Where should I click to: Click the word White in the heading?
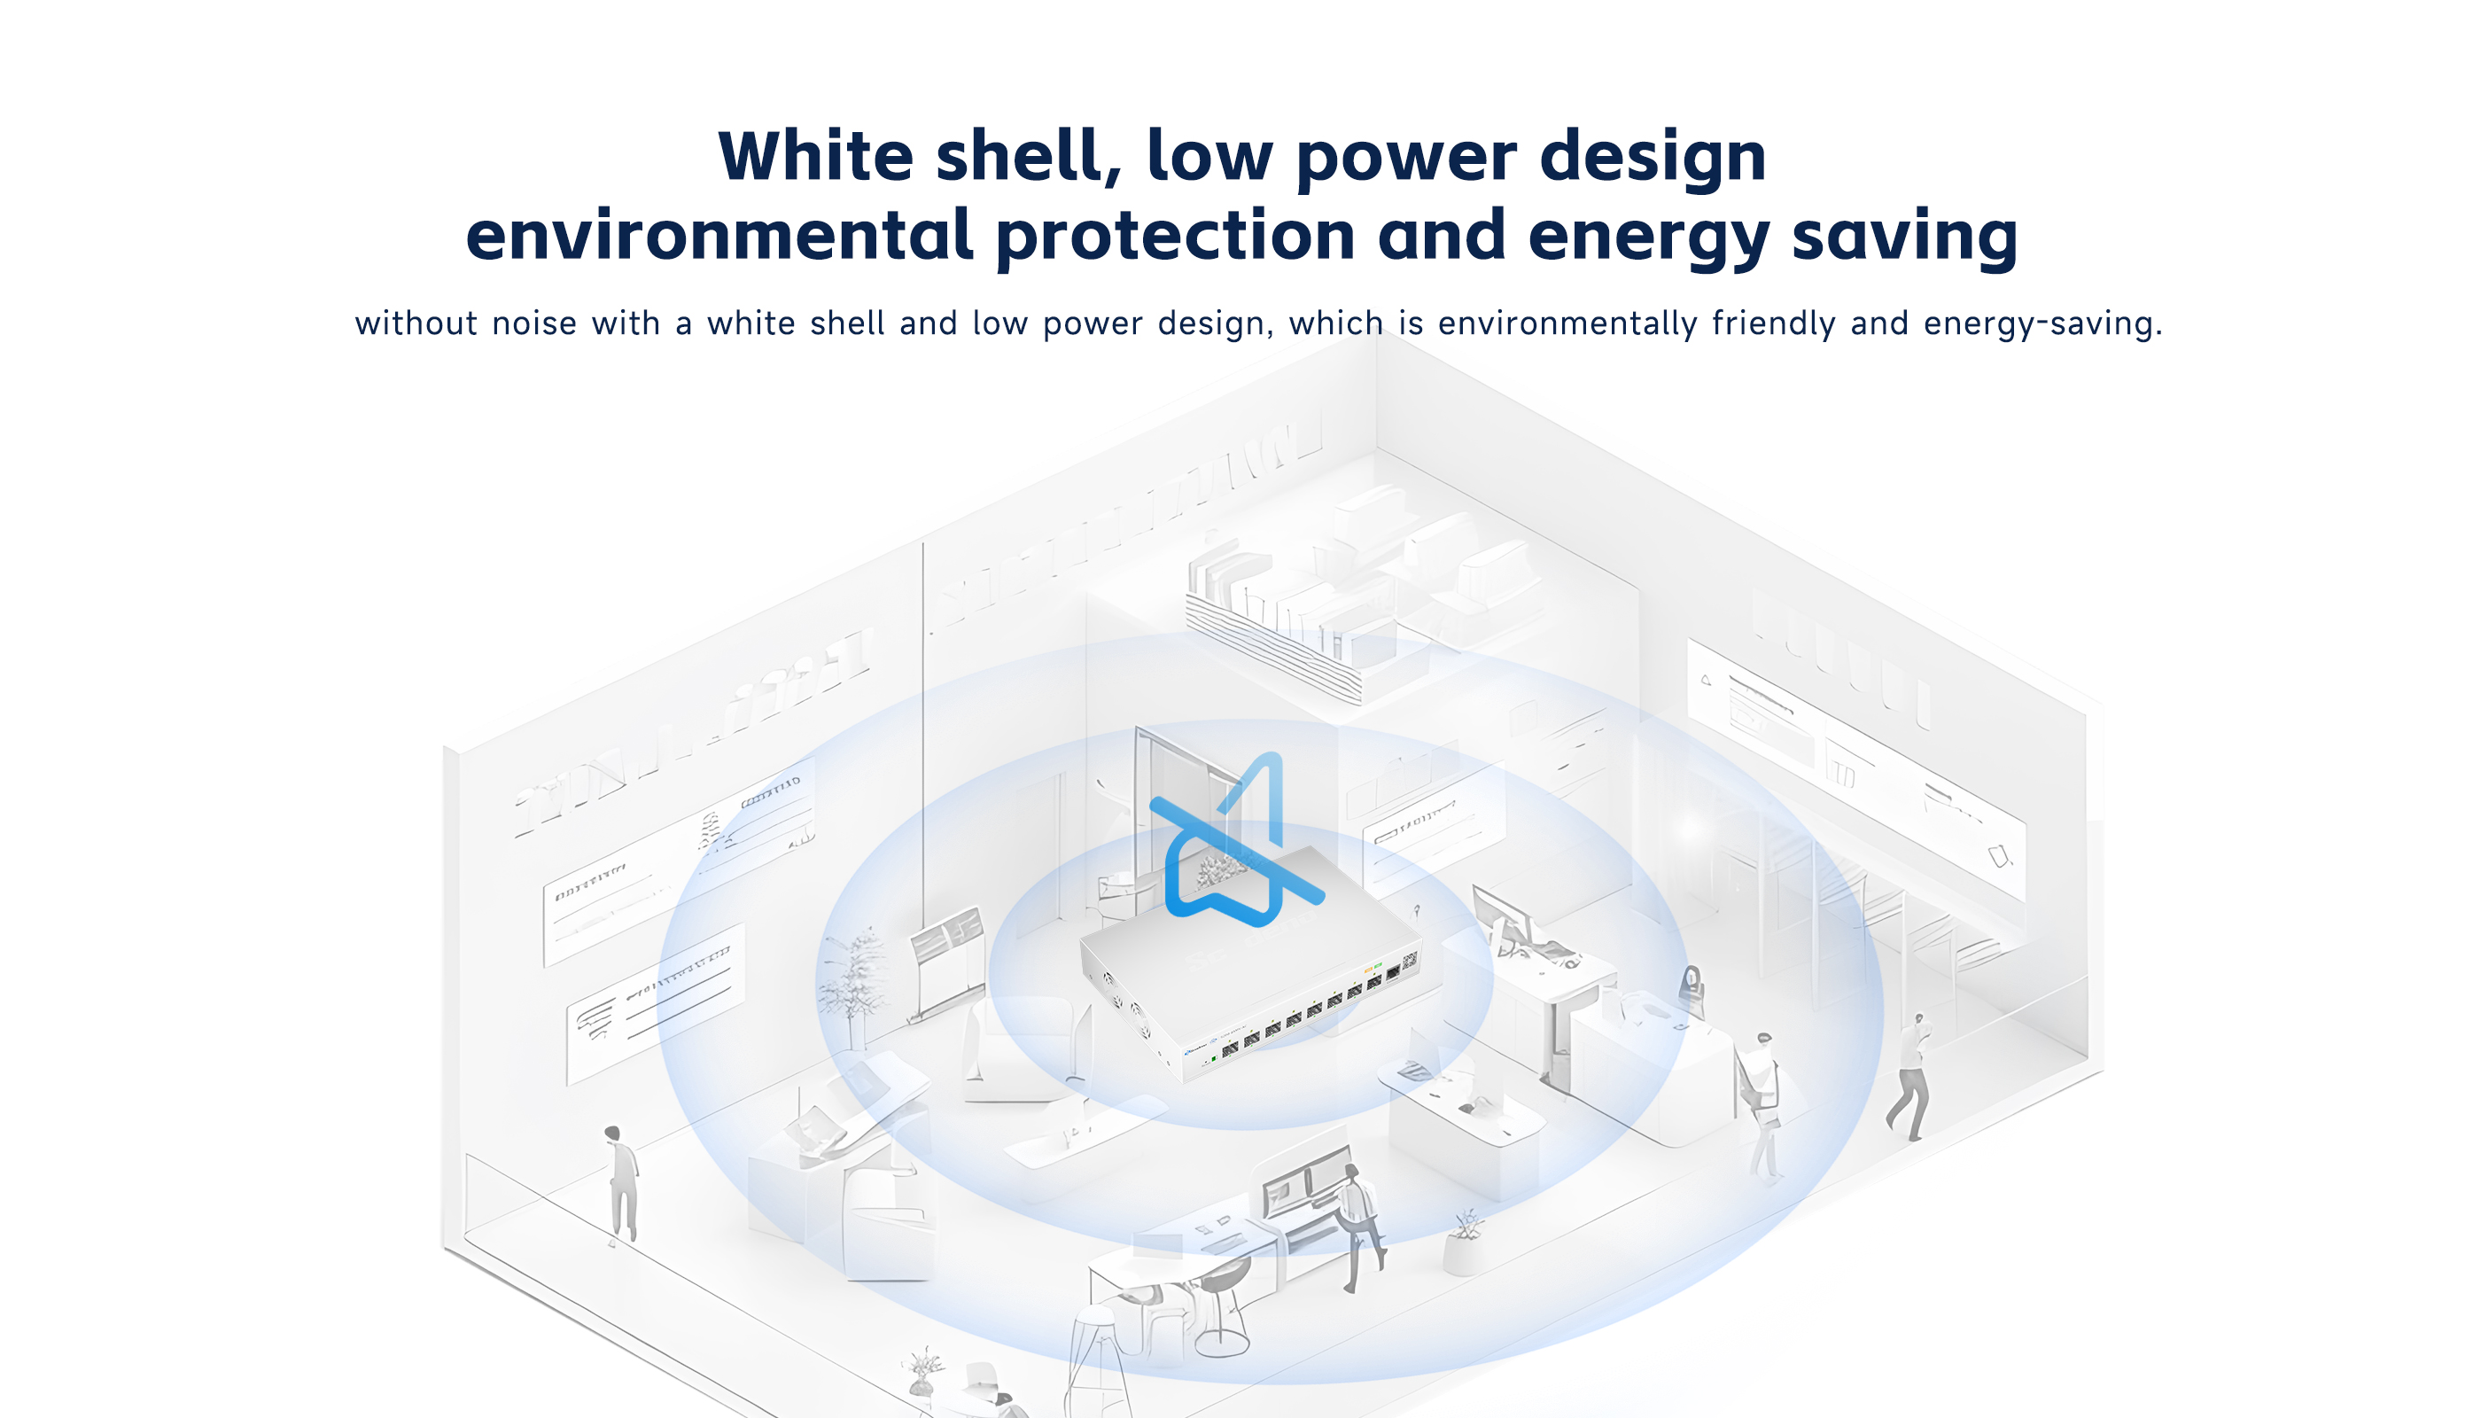coord(816,156)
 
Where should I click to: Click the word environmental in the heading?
coord(719,236)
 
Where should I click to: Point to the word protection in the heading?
coord(1175,237)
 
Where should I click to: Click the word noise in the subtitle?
coord(534,323)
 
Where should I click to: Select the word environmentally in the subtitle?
coord(1567,324)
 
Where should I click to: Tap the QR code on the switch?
coord(1409,962)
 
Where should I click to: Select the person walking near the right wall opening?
coord(1910,1076)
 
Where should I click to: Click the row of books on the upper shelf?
coord(1266,604)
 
